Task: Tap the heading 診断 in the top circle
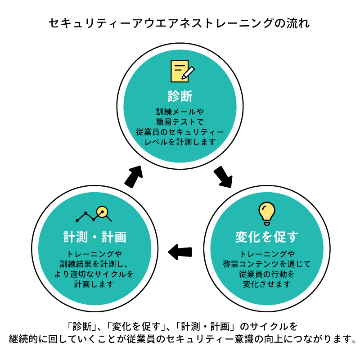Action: pos(180,96)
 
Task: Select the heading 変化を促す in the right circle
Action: pos(266,237)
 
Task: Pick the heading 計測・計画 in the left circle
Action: pos(94,237)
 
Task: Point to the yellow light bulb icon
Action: pos(266,213)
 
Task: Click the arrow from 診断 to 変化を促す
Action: pos(224,177)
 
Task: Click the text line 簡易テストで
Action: pos(180,122)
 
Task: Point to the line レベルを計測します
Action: pos(180,142)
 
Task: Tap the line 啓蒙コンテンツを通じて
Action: pos(266,264)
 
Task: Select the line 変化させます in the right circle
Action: pos(266,284)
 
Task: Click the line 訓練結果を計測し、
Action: pos(94,264)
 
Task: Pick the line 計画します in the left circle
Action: pos(94,284)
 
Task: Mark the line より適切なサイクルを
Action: pos(94,274)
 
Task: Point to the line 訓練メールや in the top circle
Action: pos(180,112)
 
